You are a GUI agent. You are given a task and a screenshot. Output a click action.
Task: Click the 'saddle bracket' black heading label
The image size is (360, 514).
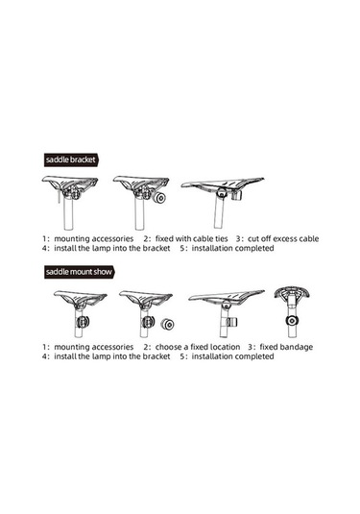coord(71,160)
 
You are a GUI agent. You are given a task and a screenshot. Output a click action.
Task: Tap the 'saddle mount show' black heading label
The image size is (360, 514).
coord(79,272)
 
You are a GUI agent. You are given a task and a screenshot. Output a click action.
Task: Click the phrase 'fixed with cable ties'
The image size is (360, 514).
coord(191,238)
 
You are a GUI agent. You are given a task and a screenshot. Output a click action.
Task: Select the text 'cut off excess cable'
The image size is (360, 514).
coord(283,238)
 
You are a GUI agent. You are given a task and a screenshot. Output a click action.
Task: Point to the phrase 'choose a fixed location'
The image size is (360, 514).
coord(198,347)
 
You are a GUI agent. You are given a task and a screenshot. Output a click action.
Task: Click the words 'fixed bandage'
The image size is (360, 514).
coord(286,347)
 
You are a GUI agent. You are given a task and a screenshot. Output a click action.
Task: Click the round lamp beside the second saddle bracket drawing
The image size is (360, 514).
coord(160,198)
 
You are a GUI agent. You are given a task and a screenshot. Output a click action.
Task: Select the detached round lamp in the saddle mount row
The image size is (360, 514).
coord(167,325)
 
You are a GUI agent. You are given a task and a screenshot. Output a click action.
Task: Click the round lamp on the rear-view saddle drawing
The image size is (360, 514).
coord(291,321)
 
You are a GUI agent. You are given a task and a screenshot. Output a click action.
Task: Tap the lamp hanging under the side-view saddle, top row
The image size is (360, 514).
coord(237,196)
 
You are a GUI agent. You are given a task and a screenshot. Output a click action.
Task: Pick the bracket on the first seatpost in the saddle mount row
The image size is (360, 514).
coord(83,322)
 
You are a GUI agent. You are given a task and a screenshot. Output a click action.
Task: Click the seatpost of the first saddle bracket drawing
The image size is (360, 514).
coord(68,213)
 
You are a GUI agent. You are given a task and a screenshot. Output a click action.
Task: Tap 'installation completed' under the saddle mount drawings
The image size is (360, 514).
coord(232,356)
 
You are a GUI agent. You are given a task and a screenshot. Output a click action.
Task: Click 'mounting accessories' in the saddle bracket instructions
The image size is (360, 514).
coord(94,238)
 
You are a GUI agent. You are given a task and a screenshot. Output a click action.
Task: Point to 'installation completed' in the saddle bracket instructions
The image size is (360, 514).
coord(232,248)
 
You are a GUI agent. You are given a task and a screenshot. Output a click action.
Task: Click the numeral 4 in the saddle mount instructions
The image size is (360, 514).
coord(44,356)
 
